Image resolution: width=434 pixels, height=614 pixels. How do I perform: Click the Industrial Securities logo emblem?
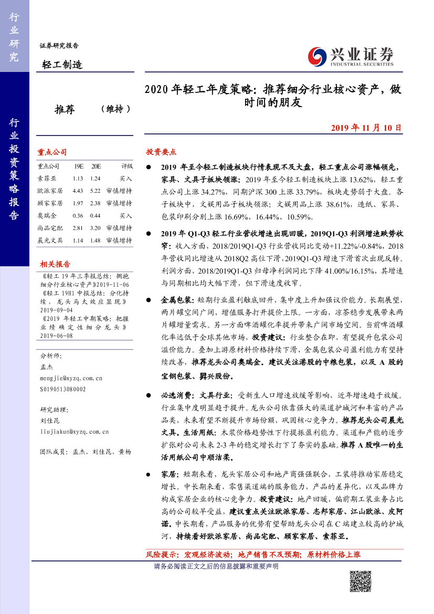pyautogui.click(x=316, y=56)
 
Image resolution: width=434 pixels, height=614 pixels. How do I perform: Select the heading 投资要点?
pyautogui.click(x=161, y=152)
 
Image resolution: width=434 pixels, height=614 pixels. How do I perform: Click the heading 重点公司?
pyautogui.click(x=52, y=152)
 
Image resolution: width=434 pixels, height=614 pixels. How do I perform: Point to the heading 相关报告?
pyautogui.click(x=55, y=264)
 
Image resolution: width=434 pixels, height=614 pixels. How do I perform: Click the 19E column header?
pyautogui.click(x=79, y=166)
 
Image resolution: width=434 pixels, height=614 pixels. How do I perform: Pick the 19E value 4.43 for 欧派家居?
pyautogui.click(x=79, y=191)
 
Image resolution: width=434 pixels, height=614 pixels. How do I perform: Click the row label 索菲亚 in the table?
pyautogui.click(x=47, y=179)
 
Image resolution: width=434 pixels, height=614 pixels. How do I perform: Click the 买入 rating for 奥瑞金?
pyautogui.click(x=125, y=215)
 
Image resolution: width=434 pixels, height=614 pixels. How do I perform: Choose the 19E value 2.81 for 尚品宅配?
pyautogui.click(x=79, y=228)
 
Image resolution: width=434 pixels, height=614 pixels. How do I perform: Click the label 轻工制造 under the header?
pyautogui.click(x=62, y=65)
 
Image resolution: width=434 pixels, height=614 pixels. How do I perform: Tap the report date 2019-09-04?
pyautogui.click(x=56, y=310)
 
